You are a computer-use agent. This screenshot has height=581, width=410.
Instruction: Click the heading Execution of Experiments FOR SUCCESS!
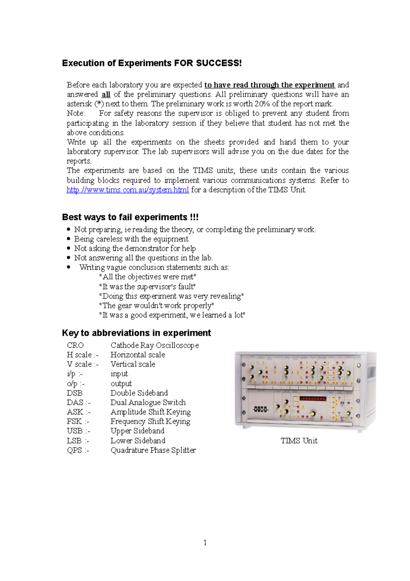[152, 63]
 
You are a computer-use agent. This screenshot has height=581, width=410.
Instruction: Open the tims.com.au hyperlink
[127, 190]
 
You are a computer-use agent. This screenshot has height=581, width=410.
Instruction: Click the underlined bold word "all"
[106, 94]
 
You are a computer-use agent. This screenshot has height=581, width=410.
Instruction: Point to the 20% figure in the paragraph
[261, 104]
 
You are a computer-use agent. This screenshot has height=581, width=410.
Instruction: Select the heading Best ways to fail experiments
[130, 217]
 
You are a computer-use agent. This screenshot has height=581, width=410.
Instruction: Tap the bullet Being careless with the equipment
[131, 239]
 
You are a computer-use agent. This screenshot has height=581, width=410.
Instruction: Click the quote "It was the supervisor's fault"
[147, 287]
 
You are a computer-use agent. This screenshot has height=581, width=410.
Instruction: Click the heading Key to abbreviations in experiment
[136, 333]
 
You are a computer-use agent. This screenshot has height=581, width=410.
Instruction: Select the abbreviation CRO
[75, 345]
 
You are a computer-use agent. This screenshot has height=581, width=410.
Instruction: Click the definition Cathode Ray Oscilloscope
[154, 345]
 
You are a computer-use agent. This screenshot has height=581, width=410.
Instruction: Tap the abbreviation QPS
[74, 450]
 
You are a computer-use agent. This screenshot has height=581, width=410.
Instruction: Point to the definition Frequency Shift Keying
[150, 422]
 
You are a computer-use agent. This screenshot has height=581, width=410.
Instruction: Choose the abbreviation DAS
[75, 402]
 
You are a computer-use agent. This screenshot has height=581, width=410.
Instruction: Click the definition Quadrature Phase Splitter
[153, 450]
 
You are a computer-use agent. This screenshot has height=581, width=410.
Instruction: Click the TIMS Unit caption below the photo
[299, 441]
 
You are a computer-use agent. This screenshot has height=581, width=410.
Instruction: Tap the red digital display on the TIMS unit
[312, 399]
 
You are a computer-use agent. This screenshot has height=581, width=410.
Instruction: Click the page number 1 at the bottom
[205, 543]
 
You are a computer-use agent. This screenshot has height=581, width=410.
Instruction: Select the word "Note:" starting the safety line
[76, 113]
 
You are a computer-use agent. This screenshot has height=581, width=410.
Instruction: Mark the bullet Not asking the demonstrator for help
[135, 248]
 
